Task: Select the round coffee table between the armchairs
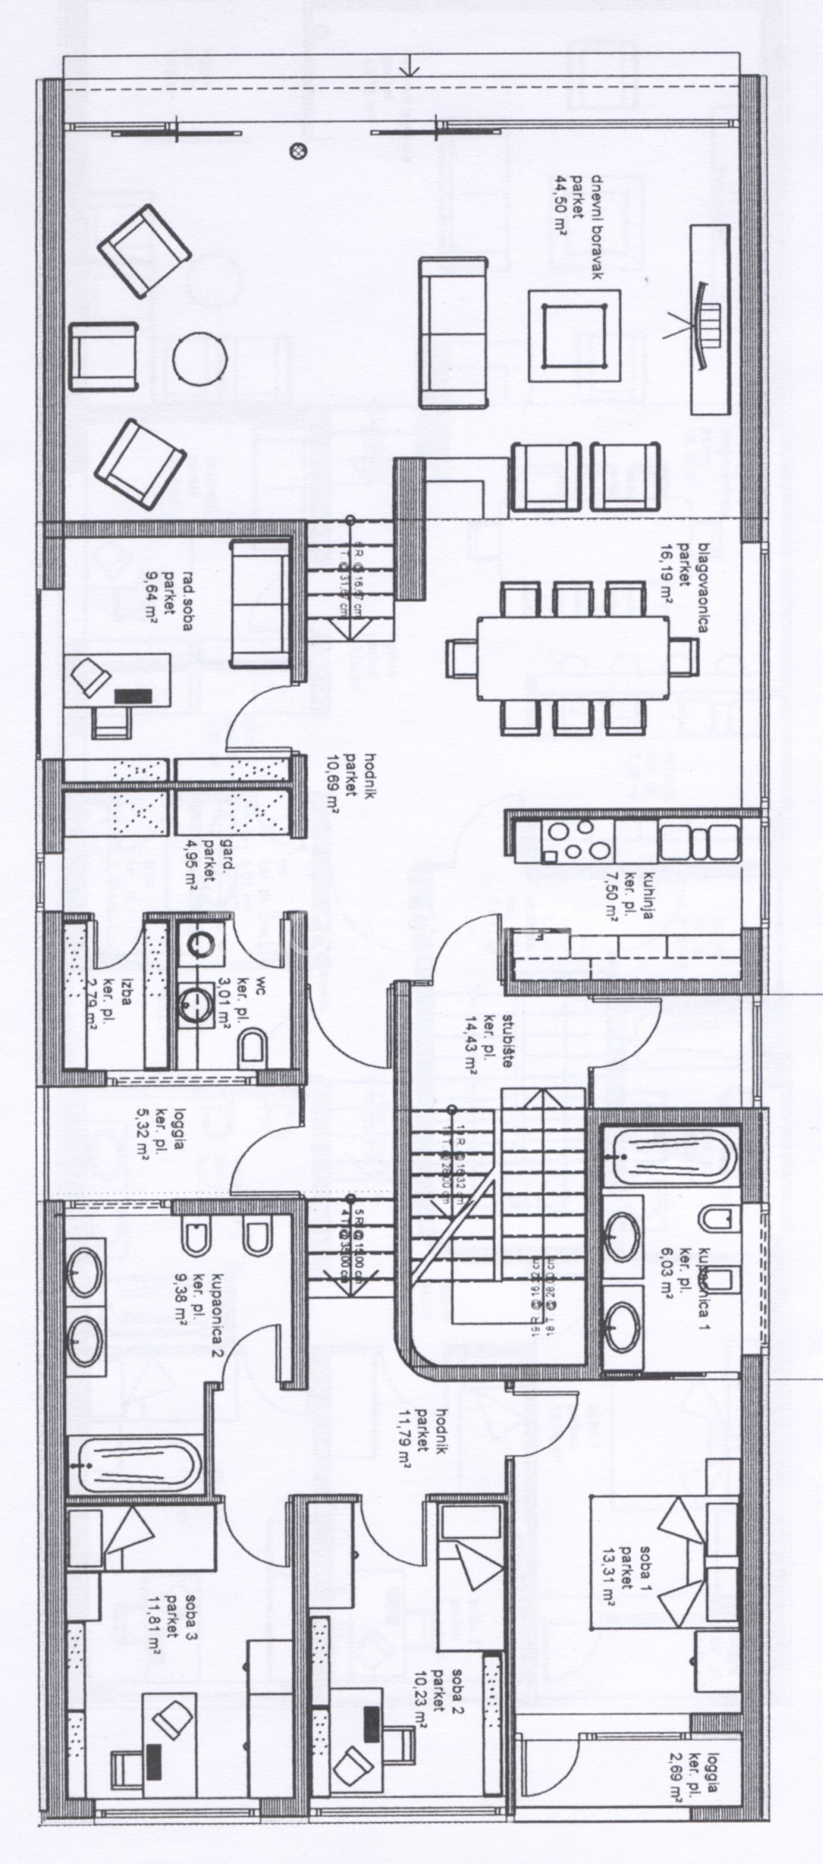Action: tap(198, 360)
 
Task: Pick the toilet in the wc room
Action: tap(252, 1047)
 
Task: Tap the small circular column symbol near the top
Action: tap(298, 149)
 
